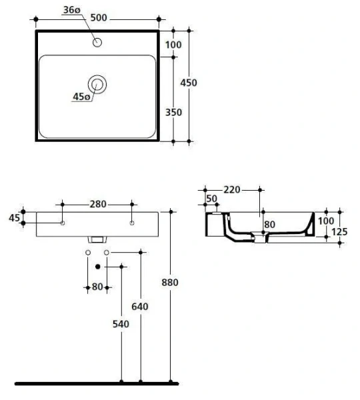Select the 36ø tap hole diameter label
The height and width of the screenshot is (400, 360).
click(73, 9)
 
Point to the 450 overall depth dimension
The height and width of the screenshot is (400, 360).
click(189, 83)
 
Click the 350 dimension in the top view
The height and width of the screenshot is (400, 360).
click(173, 113)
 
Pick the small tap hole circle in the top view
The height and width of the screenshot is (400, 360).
click(97, 43)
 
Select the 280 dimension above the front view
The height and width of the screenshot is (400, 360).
click(98, 205)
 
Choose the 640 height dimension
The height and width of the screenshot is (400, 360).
click(139, 307)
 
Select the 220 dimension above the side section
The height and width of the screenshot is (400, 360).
click(231, 190)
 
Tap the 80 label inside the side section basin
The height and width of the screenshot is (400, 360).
click(269, 225)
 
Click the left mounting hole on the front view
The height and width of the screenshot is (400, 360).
click(63, 223)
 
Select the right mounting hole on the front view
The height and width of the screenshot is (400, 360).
click(133, 223)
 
